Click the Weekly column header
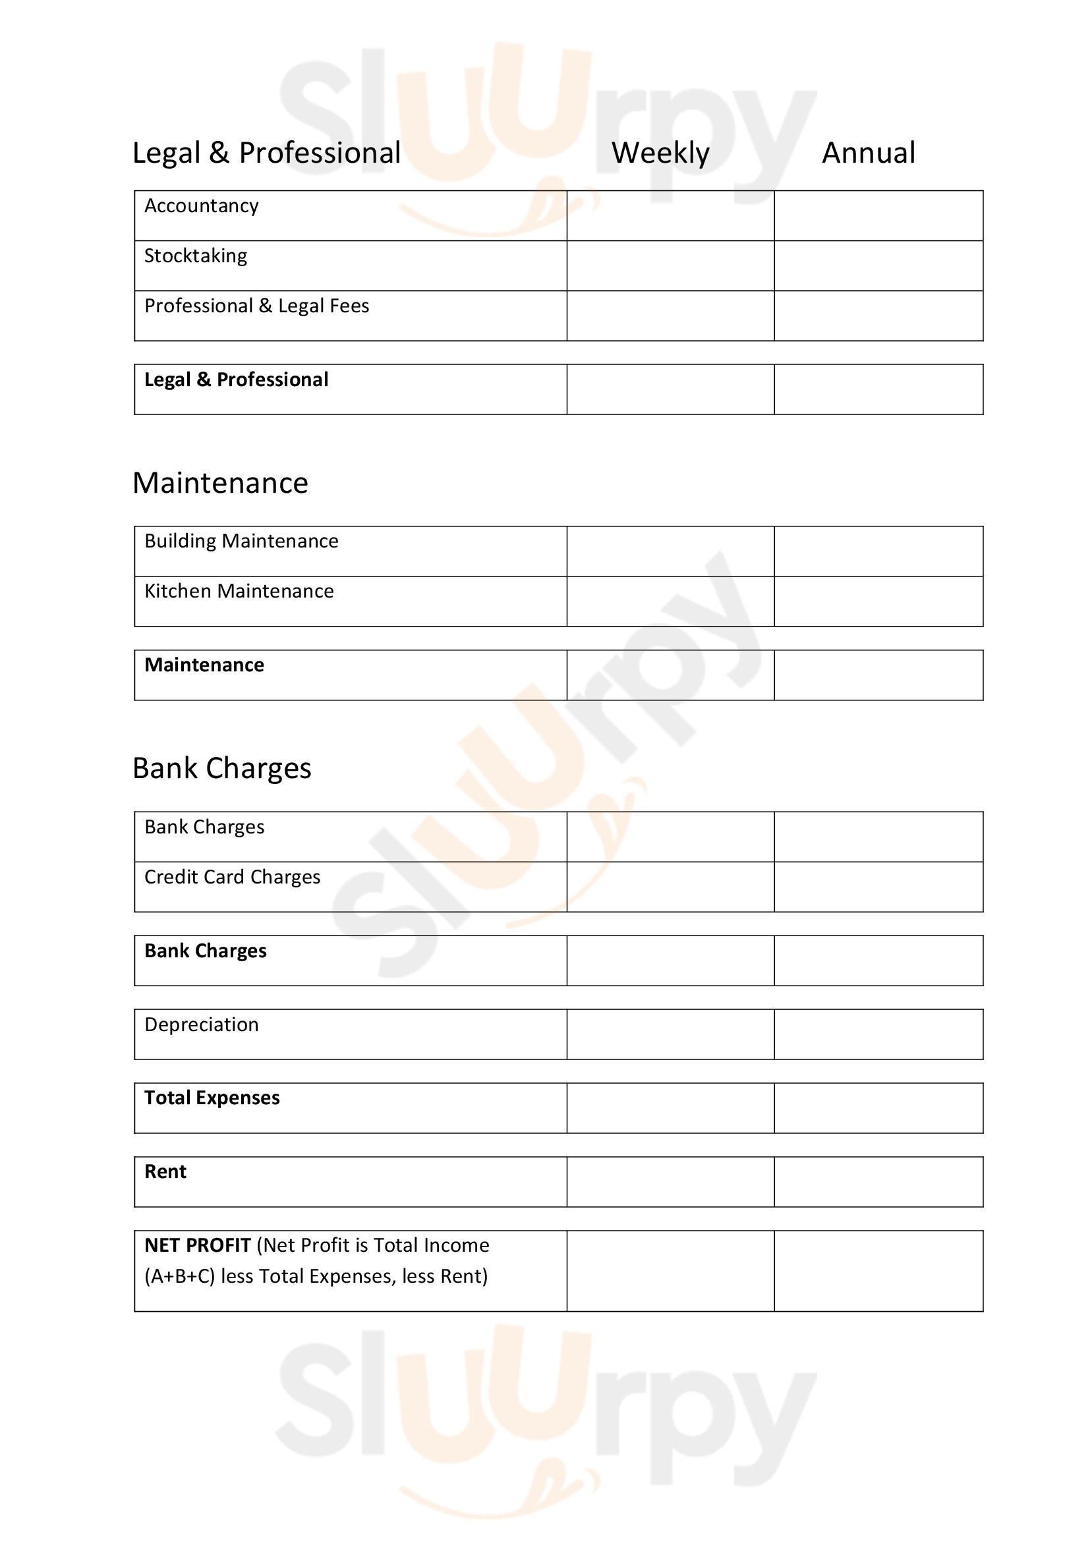[x=660, y=153]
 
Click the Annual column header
[x=869, y=153]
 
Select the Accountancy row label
[x=202, y=206]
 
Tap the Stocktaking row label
[x=196, y=256]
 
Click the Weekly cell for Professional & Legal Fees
[x=670, y=316]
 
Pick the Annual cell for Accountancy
[x=878, y=215]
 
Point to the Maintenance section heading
[x=220, y=483]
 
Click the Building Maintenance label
[x=242, y=541]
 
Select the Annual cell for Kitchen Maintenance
[x=878, y=602]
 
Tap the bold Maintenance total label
[x=204, y=665]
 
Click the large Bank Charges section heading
[x=221, y=768]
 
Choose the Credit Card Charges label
[x=232, y=877]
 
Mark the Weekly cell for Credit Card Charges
[x=670, y=887]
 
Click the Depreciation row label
[x=202, y=1025]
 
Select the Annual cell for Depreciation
[x=878, y=1034]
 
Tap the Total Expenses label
[x=212, y=1098]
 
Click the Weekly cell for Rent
[x=670, y=1182]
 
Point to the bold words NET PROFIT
[x=197, y=1246]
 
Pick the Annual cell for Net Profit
[x=878, y=1270]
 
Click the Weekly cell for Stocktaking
[x=670, y=266]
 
